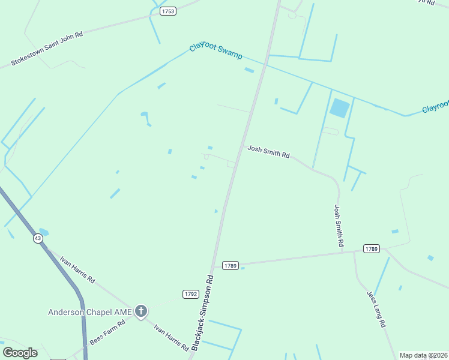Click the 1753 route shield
(168, 11)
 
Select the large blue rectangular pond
(339, 108)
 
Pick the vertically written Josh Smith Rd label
(338, 226)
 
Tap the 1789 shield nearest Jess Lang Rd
(371, 248)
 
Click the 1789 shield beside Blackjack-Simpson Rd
(231, 265)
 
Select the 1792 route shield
(191, 293)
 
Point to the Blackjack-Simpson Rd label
(202, 313)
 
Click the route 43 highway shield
(38, 238)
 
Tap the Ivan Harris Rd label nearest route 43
(77, 270)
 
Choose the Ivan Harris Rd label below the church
(171, 338)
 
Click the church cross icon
(141, 311)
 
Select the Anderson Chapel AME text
(90, 311)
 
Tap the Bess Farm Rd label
(107, 332)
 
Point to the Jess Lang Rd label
(376, 309)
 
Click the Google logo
(20, 352)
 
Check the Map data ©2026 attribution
(423, 355)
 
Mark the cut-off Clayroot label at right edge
(435, 107)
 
